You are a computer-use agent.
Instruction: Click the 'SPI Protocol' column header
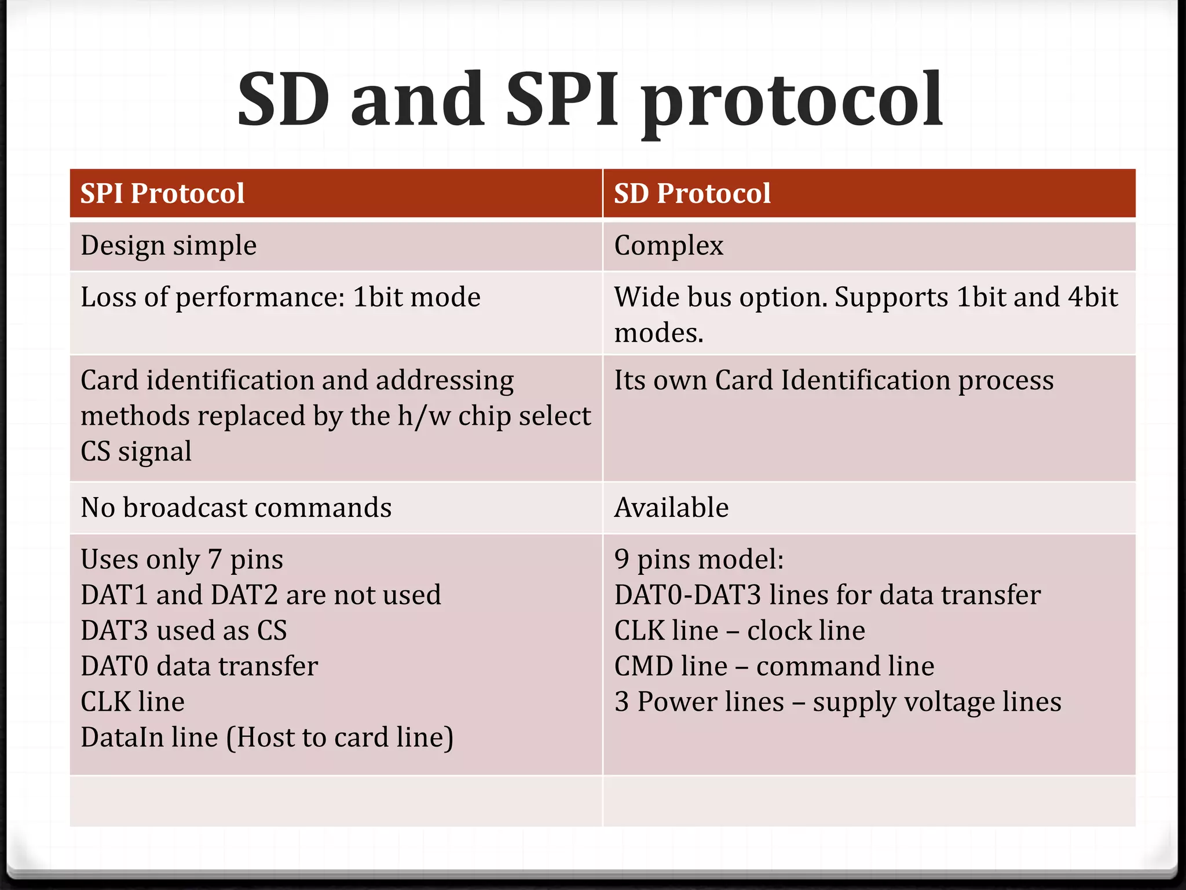162,194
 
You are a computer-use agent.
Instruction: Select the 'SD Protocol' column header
692,194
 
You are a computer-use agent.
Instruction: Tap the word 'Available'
671,508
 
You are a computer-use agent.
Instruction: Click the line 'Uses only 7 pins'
182,560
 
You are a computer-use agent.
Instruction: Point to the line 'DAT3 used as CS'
184,630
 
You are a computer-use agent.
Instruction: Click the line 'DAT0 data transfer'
199,666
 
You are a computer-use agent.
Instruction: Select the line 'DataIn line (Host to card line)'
267,738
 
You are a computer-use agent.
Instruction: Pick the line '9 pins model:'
698,560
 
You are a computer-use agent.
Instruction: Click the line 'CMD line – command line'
774,666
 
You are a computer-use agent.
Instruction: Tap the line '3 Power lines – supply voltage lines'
837,702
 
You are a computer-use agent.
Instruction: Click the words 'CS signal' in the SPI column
136,452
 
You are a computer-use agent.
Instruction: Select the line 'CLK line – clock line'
740,630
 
